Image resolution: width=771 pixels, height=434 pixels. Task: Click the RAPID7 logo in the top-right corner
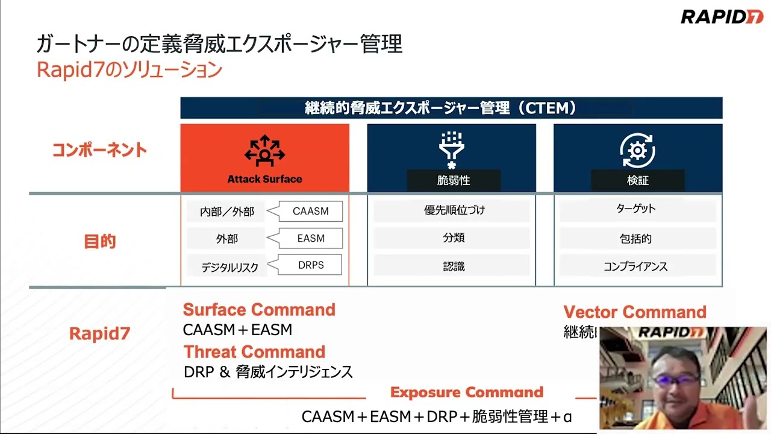722,17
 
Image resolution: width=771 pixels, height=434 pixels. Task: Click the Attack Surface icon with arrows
264,151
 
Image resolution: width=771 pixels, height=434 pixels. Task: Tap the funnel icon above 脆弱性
451,149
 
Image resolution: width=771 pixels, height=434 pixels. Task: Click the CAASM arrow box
310,211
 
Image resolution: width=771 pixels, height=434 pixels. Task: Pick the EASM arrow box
311,239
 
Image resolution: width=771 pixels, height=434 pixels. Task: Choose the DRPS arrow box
311,265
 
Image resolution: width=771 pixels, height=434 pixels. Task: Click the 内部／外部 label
227,212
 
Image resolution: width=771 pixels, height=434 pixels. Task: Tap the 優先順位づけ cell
454,210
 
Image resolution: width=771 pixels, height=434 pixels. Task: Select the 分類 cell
454,238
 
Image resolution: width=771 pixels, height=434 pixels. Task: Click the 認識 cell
454,266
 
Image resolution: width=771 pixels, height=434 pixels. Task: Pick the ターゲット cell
635,209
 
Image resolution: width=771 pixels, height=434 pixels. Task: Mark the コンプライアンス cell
635,266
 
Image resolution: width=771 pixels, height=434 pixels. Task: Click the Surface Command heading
259,310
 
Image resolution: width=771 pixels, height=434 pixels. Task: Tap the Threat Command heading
254,351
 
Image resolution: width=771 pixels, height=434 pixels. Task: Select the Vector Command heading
635,312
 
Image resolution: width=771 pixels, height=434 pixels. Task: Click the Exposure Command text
467,392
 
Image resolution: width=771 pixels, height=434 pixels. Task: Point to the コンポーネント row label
99,150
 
